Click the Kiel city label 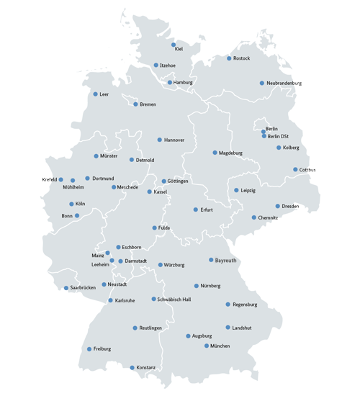pos(179,50)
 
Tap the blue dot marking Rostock pos(229,58)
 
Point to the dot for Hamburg pos(170,83)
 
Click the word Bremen pos(148,104)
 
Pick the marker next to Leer pos(95,94)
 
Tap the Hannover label pos(174,140)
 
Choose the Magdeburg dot pos(215,153)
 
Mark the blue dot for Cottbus pos(295,170)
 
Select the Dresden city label pos(290,207)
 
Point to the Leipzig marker pos(236,191)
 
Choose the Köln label pos(80,204)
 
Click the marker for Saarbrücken pos(66,288)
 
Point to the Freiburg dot pos(89,349)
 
